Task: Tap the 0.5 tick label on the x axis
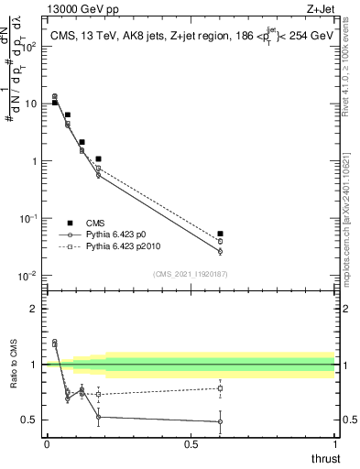[191, 444]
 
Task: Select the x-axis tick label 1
[335, 444]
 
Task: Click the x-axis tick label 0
[47, 444]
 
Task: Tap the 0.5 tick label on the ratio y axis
[31, 420]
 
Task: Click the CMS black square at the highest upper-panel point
[54, 103]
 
